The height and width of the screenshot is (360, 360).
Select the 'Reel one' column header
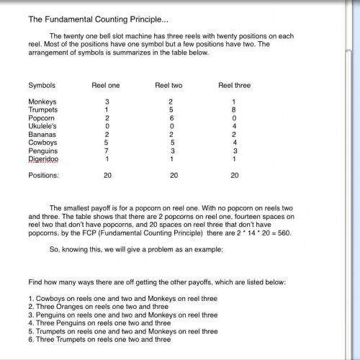(106, 85)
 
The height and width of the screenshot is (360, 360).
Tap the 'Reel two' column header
(168, 85)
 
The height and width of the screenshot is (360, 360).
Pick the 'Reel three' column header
(234, 85)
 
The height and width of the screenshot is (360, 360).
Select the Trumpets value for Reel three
(235, 109)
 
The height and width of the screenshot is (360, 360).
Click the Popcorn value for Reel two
(171, 117)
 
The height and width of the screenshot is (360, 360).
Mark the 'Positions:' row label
(43, 175)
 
